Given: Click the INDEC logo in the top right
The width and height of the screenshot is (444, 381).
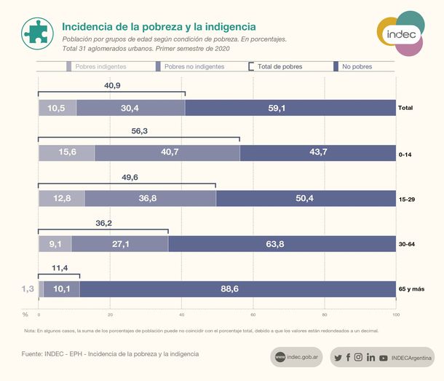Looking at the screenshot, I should (x=400, y=33).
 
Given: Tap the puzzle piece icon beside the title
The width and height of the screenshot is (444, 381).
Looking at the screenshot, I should (x=36, y=32).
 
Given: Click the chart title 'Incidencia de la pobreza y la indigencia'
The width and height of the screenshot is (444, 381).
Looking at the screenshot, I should (x=158, y=26).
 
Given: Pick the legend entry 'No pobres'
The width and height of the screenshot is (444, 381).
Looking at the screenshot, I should (x=356, y=66).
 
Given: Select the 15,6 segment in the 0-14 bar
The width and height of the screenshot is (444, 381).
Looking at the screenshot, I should (x=66, y=152).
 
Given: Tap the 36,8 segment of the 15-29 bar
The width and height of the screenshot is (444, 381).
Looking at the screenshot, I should (x=150, y=198).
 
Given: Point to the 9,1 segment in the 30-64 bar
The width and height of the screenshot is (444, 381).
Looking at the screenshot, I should (x=55, y=244).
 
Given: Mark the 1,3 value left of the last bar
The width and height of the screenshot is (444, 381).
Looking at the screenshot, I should (x=28, y=289).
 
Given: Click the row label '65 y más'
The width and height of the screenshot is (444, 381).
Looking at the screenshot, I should (x=411, y=289).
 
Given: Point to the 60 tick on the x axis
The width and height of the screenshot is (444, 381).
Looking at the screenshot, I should (x=253, y=315).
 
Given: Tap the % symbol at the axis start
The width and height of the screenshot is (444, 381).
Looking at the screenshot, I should (x=25, y=315).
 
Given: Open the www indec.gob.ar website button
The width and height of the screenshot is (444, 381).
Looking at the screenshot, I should (x=298, y=357).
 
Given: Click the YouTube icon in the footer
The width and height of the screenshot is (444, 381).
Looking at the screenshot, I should (x=383, y=358).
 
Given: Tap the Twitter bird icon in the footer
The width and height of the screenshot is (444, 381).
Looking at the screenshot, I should (x=338, y=358).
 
